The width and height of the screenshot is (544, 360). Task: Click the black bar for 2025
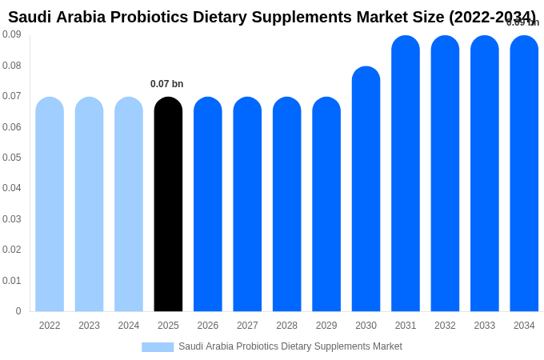point(168,204)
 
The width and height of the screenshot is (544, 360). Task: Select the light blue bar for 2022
point(50,204)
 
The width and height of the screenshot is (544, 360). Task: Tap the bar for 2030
point(366,189)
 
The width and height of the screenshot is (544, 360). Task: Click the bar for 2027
point(247,204)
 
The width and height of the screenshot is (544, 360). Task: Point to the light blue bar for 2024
point(129,204)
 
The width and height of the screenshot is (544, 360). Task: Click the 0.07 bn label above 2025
point(166,84)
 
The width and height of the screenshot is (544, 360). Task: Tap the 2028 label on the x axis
point(286,326)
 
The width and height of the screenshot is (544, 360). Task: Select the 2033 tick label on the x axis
point(485,326)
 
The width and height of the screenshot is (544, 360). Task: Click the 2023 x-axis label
point(89,326)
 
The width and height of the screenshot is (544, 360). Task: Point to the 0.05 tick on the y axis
point(11,158)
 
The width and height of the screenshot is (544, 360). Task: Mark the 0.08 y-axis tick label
point(11,66)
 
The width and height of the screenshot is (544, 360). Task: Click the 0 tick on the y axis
point(18,311)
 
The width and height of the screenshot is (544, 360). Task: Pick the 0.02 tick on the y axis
point(11,250)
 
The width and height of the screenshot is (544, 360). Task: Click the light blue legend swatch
point(158,347)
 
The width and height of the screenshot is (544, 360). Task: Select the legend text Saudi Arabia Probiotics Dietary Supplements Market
point(290,346)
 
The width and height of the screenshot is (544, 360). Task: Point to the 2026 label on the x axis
point(208,326)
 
